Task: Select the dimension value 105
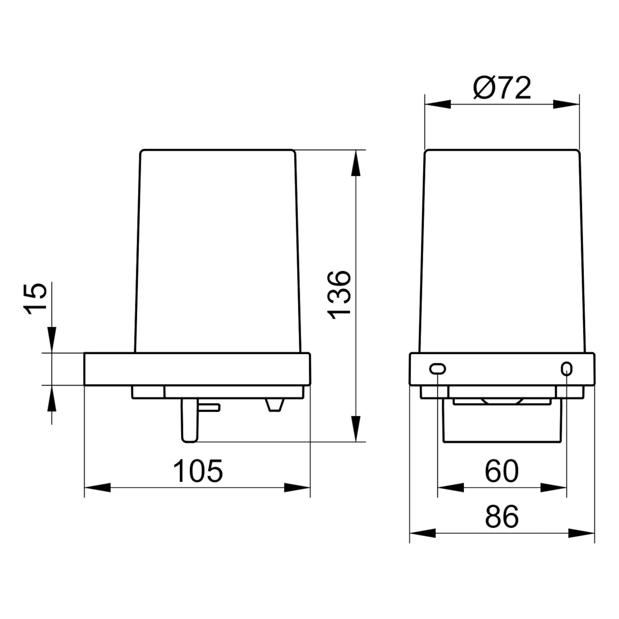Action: (198, 471)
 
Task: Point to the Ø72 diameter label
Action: (502, 88)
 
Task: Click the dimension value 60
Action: (502, 471)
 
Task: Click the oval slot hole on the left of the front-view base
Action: (437, 369)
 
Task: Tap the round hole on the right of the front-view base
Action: (567, 369)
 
